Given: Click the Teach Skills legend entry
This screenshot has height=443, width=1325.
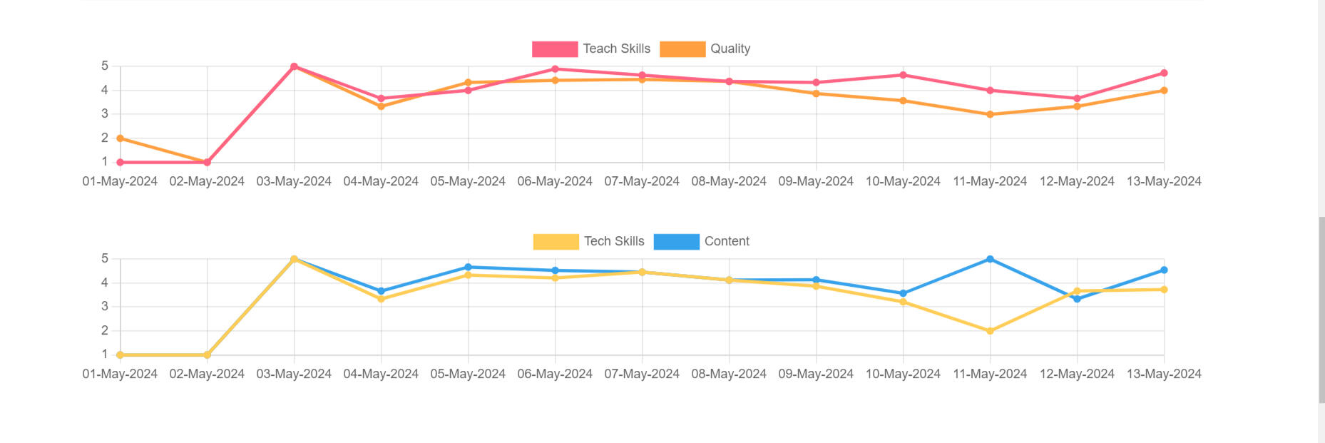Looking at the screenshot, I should click(x=591, y=49).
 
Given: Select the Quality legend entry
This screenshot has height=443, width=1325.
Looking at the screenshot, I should click(x=705, y=49).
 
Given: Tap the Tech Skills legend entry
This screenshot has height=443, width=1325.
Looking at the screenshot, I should click(x=589, y=241).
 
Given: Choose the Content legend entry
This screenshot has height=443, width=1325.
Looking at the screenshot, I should click(x=702, y=241).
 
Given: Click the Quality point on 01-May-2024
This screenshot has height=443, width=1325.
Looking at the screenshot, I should click(x=120, y=138).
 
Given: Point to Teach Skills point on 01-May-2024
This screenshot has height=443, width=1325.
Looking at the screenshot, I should click(x=120, y=163).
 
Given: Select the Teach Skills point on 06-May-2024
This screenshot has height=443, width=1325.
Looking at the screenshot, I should click(x=555, y=69).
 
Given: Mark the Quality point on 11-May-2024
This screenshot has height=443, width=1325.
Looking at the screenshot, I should click(x=990, y=114).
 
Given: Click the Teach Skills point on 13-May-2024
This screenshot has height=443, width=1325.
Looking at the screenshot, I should click(x=1164, y=73).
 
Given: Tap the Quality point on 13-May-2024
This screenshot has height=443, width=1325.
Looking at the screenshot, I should click(x=1164, y=91).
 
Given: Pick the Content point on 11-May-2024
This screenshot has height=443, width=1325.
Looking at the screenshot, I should click(x=990, y=259).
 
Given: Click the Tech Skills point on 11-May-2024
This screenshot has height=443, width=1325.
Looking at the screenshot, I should click(x=990, y=331).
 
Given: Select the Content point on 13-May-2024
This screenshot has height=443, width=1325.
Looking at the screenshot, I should click(x=1164, y=270).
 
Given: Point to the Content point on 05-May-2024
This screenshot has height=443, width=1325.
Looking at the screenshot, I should click(x=468, y=268).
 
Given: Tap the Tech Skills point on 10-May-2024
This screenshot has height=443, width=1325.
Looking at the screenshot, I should click(x=903, y=302).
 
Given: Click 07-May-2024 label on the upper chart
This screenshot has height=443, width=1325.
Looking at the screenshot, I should click(x=642, y=181).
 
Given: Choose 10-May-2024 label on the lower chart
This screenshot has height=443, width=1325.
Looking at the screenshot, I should click(x=903, y=374).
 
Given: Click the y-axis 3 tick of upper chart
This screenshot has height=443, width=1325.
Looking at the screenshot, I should click(x=105, y=114).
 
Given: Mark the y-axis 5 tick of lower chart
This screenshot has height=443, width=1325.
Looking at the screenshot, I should click(x=105, y=258).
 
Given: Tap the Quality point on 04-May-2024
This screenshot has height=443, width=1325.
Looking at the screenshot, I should click(x=381, y=106).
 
